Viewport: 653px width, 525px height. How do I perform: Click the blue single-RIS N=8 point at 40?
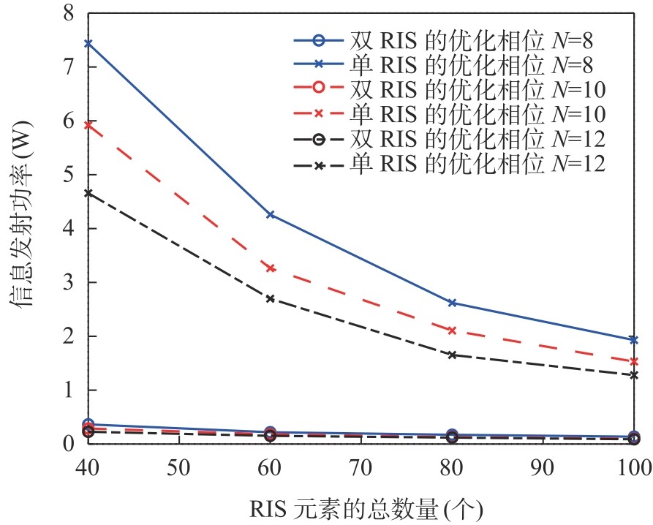(x=88, y=43)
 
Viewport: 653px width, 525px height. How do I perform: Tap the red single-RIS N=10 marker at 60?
(x=271, y=268)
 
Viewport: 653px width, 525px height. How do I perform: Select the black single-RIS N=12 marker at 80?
(x=452, y=355)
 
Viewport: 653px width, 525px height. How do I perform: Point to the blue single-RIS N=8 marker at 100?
(x=633, y=340)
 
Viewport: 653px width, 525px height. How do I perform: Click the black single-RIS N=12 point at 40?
(x=88, y=193)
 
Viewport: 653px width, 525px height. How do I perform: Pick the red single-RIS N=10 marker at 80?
(x=452, y=331)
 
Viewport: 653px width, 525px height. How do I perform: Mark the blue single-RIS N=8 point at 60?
(x=271, y=214)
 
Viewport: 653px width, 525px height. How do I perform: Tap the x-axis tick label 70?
(x=361, y=468)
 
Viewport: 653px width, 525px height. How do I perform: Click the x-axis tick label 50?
(x=179, y=468)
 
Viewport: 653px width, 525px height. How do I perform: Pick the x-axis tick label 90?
(x=543, y=468)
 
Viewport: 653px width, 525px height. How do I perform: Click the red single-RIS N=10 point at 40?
(x=88, y=125)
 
